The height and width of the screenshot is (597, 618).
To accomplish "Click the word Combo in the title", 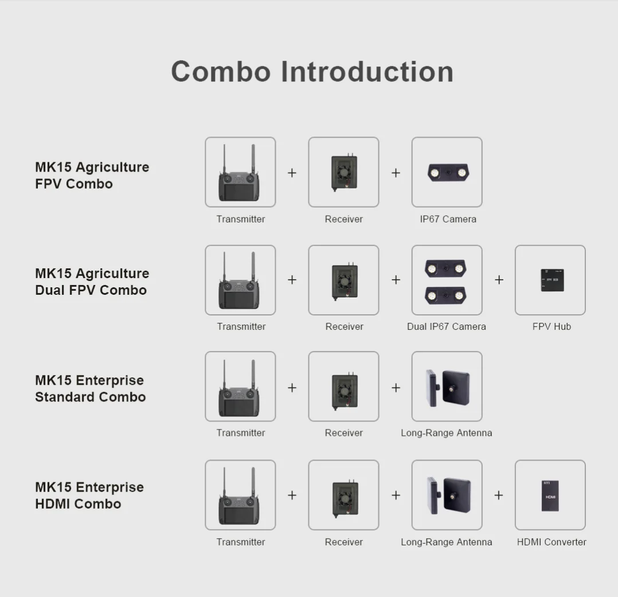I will [x=221, y=72].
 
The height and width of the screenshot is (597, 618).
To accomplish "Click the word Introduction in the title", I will [x=367, y=72].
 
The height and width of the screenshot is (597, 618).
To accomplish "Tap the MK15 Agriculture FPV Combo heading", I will [x=92, y=175].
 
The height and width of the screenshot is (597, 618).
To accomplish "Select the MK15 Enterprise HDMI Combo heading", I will [x=89, y=495].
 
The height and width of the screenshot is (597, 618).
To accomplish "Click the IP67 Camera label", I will [x=448, y=219].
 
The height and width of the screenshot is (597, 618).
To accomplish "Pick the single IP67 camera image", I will [x=447, y=172].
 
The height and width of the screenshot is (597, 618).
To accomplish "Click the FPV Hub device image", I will [x=551, y=280].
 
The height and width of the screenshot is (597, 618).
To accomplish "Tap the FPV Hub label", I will [x=551, y=326].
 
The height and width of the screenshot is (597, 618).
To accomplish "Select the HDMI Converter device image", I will [x=550, y=495].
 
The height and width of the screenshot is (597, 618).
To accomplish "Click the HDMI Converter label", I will [x=551, y=542].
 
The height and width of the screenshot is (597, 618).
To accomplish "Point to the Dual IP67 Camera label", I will [x=446, y=326].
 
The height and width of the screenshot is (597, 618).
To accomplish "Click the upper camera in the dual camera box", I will [x=445, y=268].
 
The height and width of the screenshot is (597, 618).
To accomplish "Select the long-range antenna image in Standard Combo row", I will [x=447, y=387].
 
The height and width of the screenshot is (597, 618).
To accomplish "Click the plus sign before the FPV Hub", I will [x=499, y=280].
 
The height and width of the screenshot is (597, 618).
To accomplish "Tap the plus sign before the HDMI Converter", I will [x=498, y=495].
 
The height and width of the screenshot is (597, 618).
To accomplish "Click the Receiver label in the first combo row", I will [x=343, y=219].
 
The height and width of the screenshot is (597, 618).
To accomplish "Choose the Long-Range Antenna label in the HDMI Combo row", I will [x=446, y=542].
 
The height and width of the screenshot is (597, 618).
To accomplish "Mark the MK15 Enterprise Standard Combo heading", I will [x=90, y=388].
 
